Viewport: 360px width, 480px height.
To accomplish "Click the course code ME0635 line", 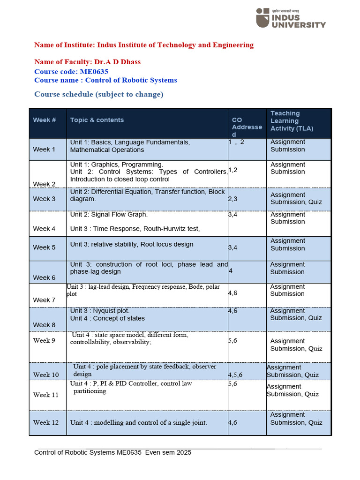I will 71,71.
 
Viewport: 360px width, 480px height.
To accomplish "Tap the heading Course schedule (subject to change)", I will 98,94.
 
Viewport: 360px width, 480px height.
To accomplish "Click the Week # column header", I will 45,120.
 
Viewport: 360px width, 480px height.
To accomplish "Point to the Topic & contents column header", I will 97,120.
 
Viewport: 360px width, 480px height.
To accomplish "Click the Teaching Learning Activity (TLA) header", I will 292,121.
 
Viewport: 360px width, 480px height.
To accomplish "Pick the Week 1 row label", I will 44,150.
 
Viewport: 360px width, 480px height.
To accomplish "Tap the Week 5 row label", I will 44,247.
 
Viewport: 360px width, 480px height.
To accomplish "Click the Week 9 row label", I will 44,340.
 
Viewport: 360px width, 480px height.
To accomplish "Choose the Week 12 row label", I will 46,422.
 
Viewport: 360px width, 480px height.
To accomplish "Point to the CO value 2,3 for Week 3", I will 232,199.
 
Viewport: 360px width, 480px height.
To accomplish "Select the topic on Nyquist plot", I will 100,311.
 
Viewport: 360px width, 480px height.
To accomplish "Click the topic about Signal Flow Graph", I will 109,215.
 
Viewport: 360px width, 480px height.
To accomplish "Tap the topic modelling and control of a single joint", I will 138,422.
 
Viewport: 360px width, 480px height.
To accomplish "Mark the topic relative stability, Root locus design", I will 131,244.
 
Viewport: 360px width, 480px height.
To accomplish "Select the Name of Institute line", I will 143,45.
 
